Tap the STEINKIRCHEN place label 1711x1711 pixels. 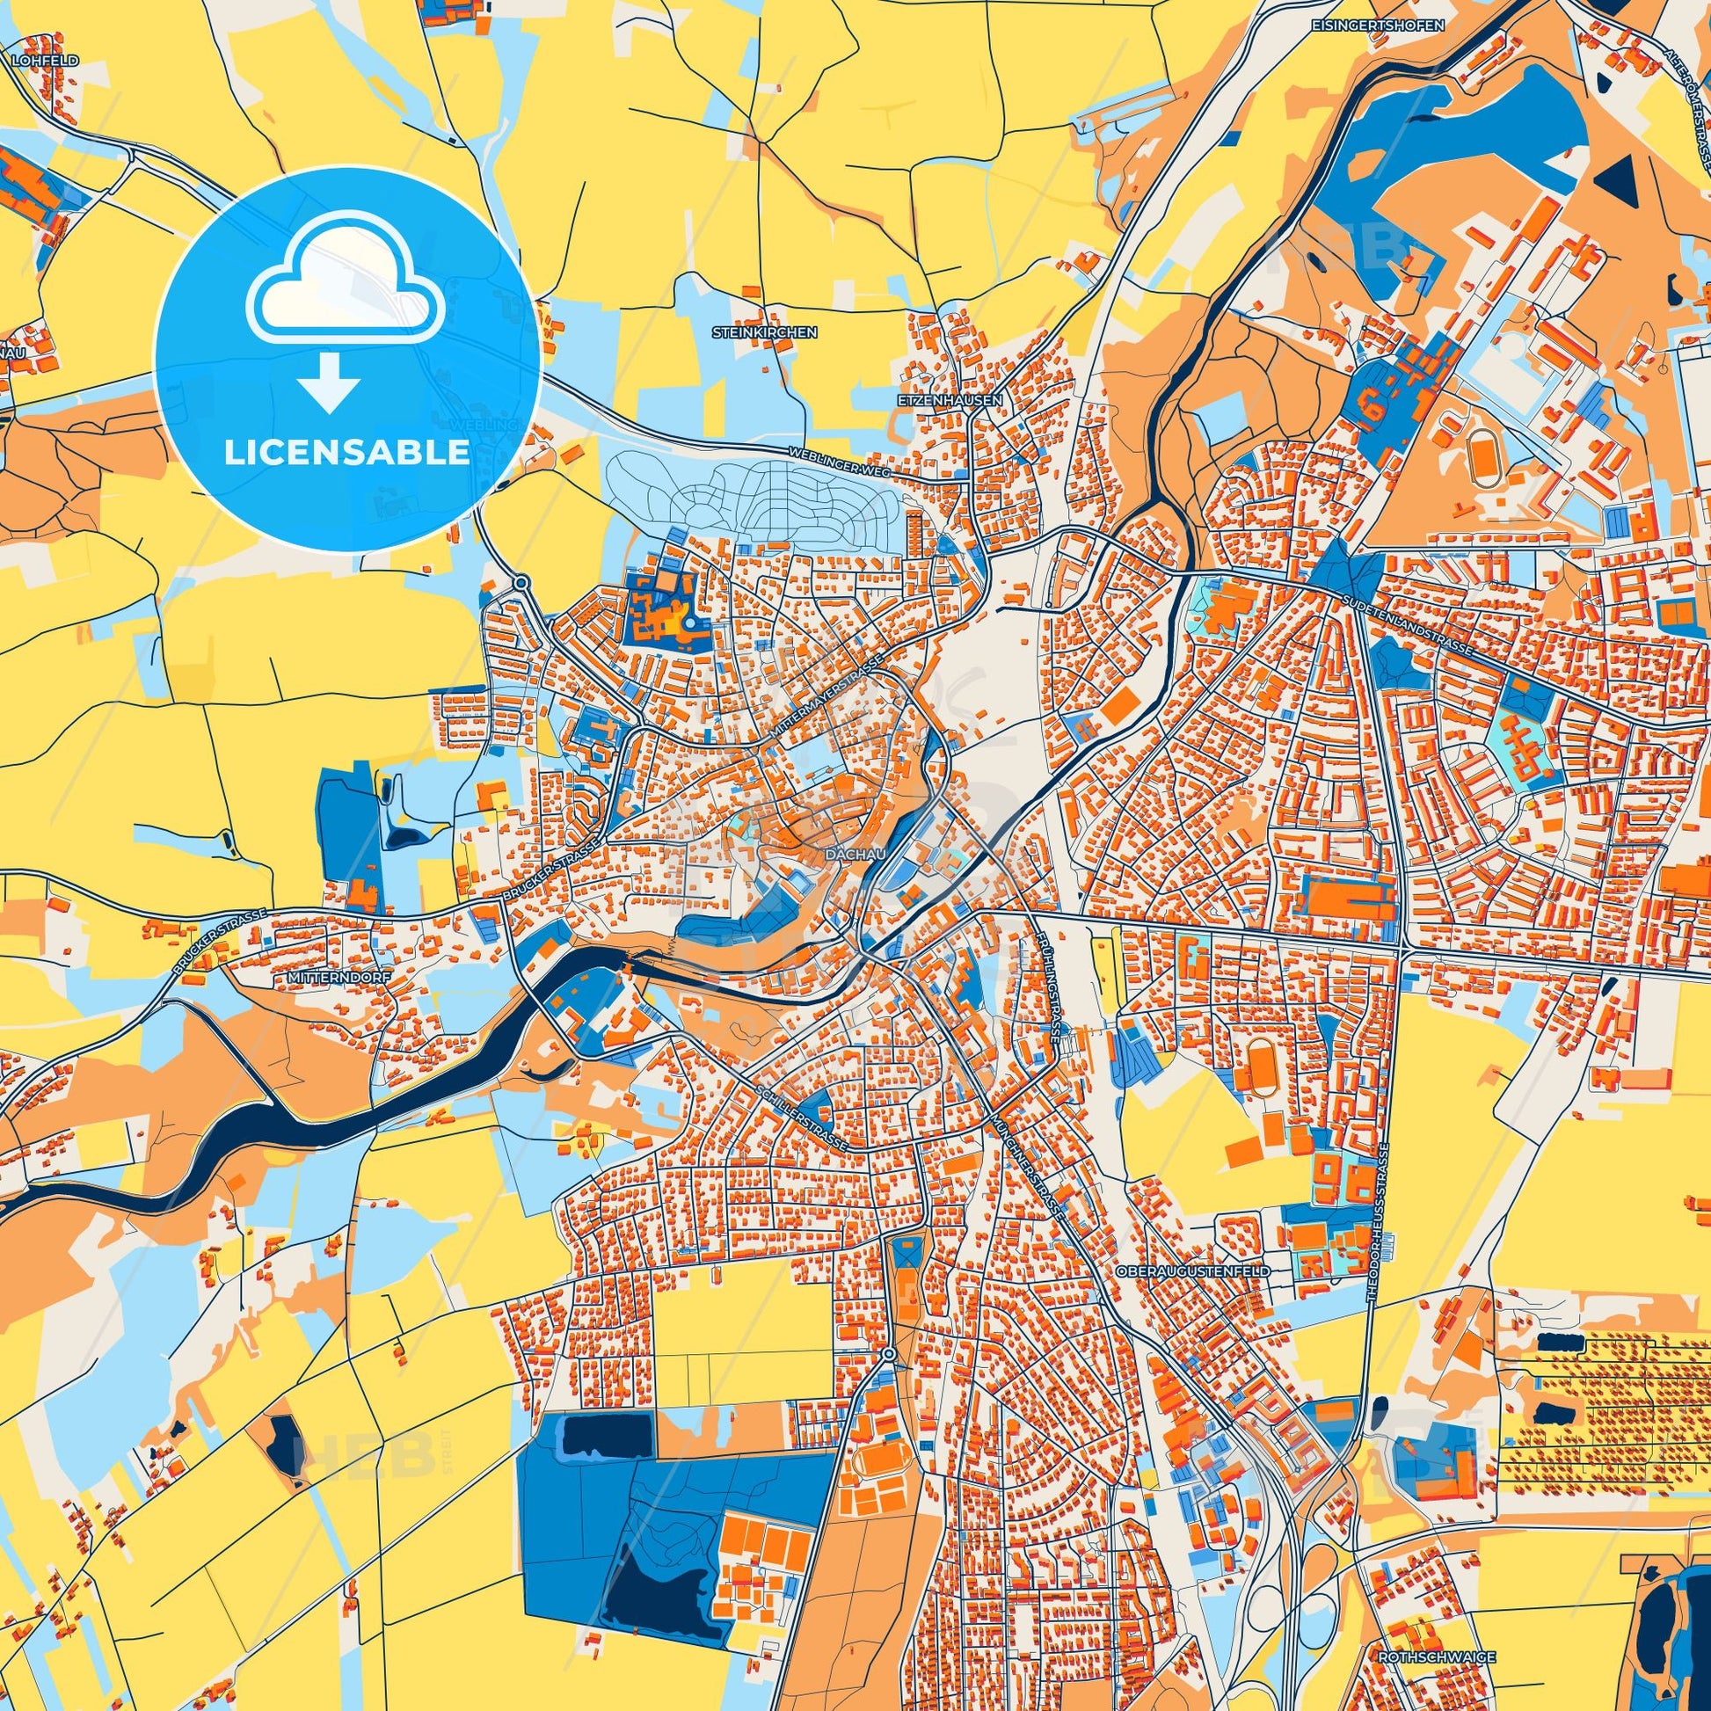(764, 333)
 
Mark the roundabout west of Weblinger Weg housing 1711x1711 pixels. (522, 582)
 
